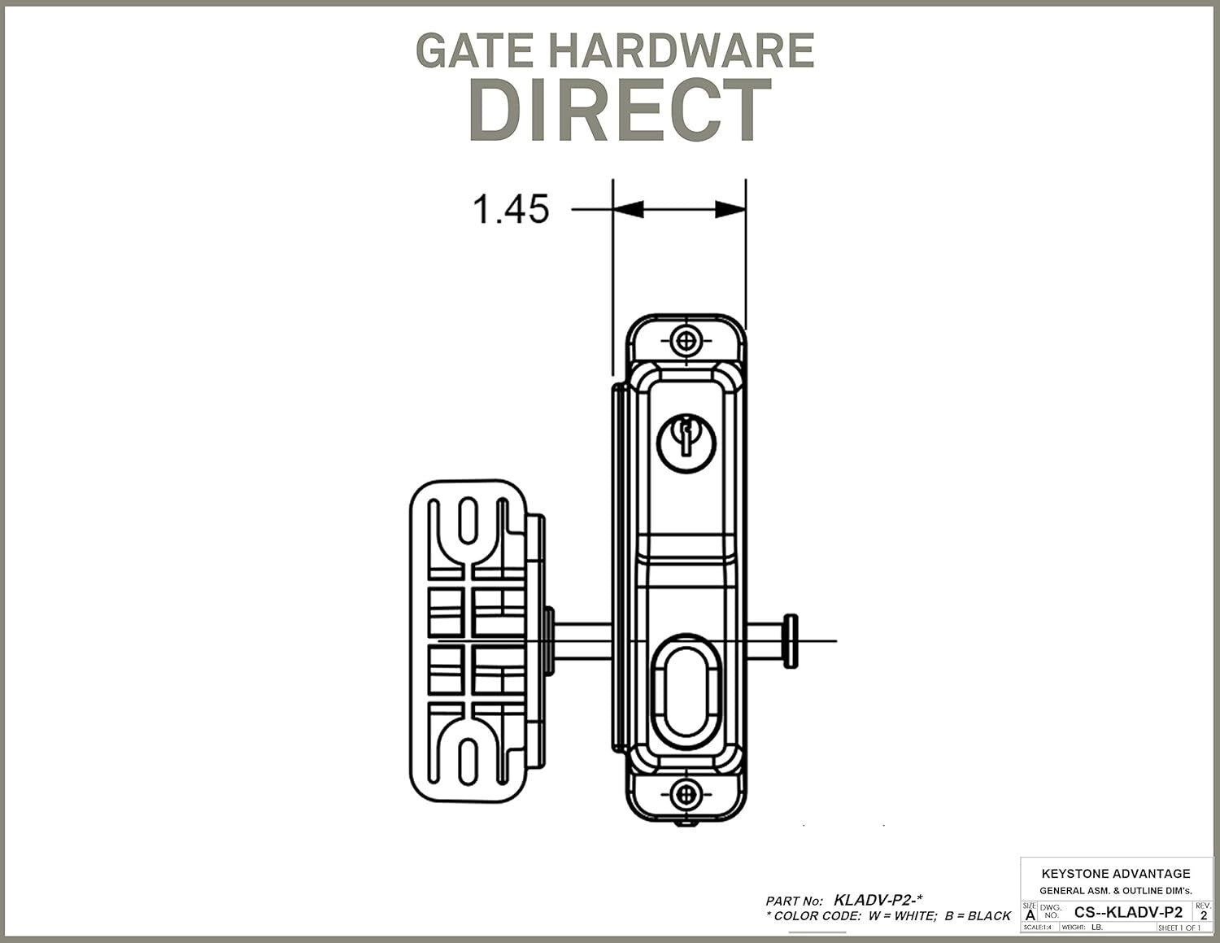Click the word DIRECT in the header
tap(620, 111)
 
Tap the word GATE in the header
tap(474, 50)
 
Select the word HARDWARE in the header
tap(682, 50)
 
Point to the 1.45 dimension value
tap(511, 209)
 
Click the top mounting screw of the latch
tap(686, 339)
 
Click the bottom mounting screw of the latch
tap(686, 792)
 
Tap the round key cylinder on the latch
tap(686, 443)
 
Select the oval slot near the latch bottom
tap(686, 692)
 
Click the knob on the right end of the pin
tap(790, 641)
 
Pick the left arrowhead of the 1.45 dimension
tap(628, 209)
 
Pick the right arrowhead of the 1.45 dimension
tap(730, 209)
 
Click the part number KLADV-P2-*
tap(878, 900)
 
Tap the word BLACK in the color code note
tap(989, 916)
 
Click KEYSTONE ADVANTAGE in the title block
tap(1115, 873)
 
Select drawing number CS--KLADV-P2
tap(1128, 912)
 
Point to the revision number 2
tap(1204, 915)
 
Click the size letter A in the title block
tap(1030, 915)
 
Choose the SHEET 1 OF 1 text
tap(1179, 928)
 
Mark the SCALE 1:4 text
tap(1037, 928)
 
